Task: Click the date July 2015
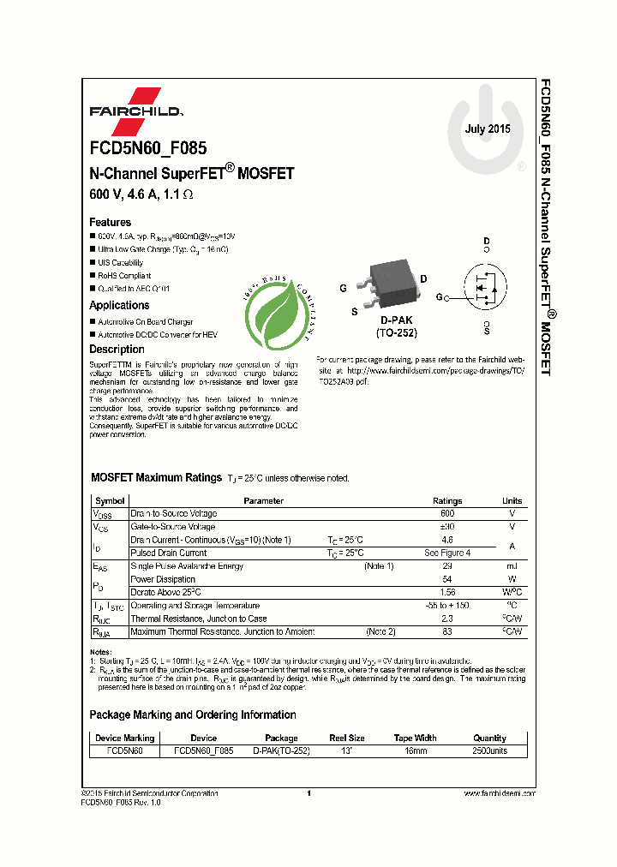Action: click(488, 129)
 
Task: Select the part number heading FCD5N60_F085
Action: click(147, 148)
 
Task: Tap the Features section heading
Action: click(111, 222)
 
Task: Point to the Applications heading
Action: click(119, 305)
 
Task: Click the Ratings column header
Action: click(447, 501)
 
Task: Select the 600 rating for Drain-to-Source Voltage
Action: click(447, 514)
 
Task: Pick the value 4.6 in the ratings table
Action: click(447, 540)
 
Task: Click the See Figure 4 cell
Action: click(447, 553)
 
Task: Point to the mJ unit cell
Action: click(512, 566)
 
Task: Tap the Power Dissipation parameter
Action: click(163, 580)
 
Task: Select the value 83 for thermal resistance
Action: click(447, 631)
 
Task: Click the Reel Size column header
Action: click(347, 738)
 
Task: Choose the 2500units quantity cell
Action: click(490, 750)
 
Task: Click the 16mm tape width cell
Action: click(414, 750)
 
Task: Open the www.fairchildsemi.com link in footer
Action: click(500, 793)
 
